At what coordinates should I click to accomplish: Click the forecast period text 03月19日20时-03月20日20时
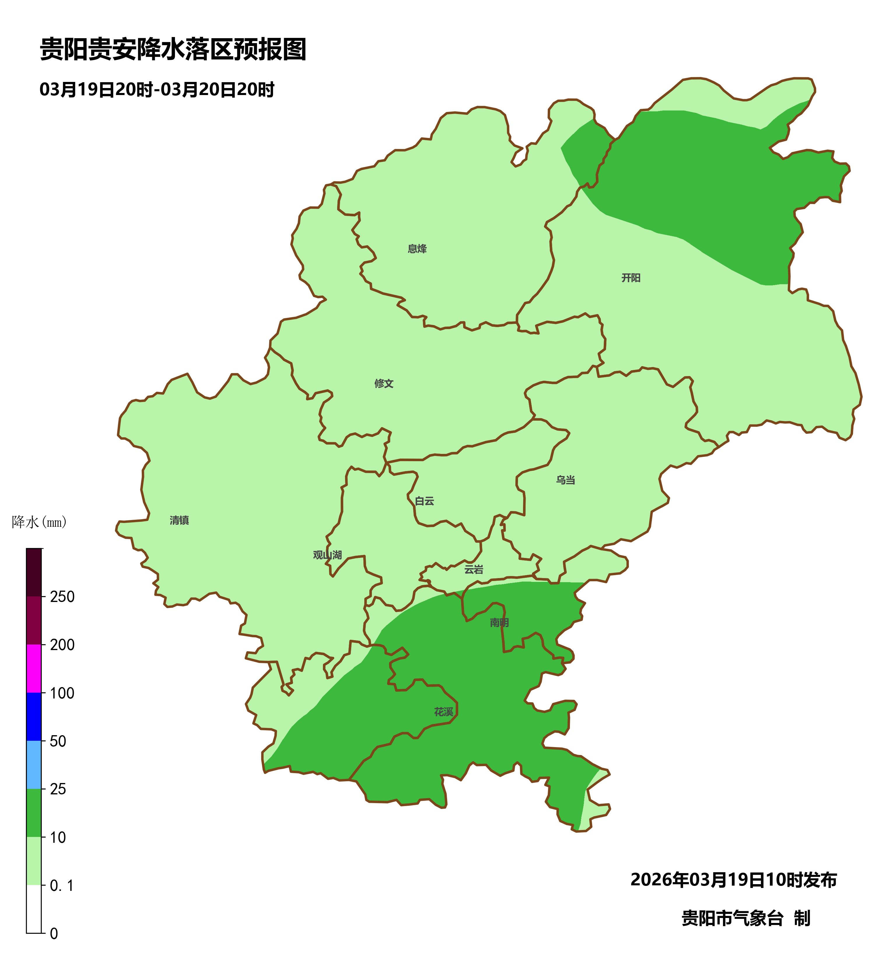(157, 90)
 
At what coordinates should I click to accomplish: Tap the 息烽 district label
(417, 249)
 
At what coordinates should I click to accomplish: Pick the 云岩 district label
(474, 570)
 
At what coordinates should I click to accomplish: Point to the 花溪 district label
(443, 712)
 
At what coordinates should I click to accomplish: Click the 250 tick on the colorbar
(62, 597)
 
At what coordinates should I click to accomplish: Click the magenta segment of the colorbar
(34, 668)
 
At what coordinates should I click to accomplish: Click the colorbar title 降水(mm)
(39, 522)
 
